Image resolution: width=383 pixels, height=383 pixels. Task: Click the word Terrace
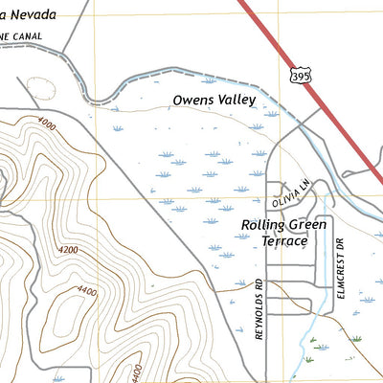[x=284, y=241]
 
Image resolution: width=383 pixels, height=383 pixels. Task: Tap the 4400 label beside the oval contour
[x=89, y=291]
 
